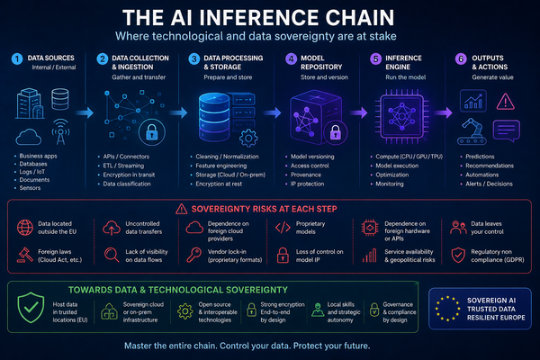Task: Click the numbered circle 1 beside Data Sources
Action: [x=17, y=58]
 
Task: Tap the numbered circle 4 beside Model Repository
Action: [x=291, y=58]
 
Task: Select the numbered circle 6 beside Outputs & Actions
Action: [x=461, y=58]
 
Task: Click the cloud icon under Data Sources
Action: [x=29, y=137]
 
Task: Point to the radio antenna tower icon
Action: [x=60, y=132]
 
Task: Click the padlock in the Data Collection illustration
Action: [x=152, y=132]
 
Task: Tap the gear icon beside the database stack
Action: [x=248, y=139]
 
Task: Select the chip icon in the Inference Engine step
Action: [x=401, y=116]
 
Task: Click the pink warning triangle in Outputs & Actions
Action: [x=506, y=102]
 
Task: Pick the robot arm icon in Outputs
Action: [x=472, y=131]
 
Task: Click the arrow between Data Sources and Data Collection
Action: [x=85, y=112]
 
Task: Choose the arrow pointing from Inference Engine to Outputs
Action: [x=443, y=112]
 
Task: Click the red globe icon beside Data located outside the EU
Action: [x=25, y=228]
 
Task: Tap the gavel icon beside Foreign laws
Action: [x=24, y=256]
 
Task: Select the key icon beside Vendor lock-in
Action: [x=193, y=256]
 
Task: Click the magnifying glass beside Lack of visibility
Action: [x=112, y=256]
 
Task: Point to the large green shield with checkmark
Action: [x=31, y=307]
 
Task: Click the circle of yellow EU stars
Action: [x=447, y=309]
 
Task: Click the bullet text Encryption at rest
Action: [x=219, y=184]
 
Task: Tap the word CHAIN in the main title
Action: [x=355, y=18]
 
